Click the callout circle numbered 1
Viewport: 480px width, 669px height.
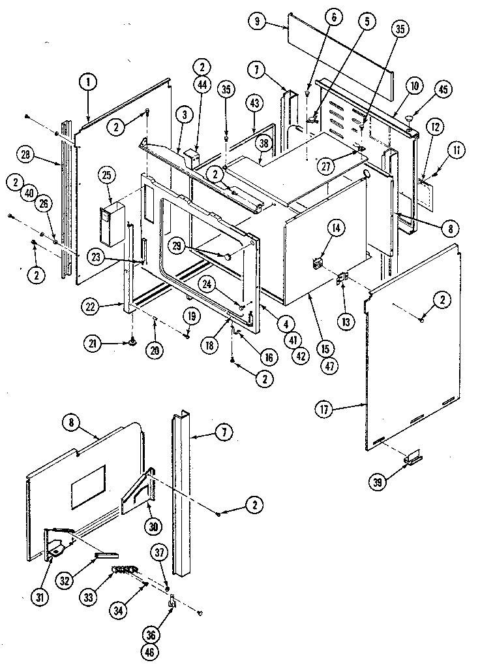pyautogui.click(x=87, y=83)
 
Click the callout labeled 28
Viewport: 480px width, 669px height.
pyautogui.click(x=26, y=155)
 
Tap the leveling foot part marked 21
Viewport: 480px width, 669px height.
pyautogui.click(x=133, y=340)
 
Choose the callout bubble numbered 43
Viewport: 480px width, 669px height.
pyautogui.click(x=254, y=103)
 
